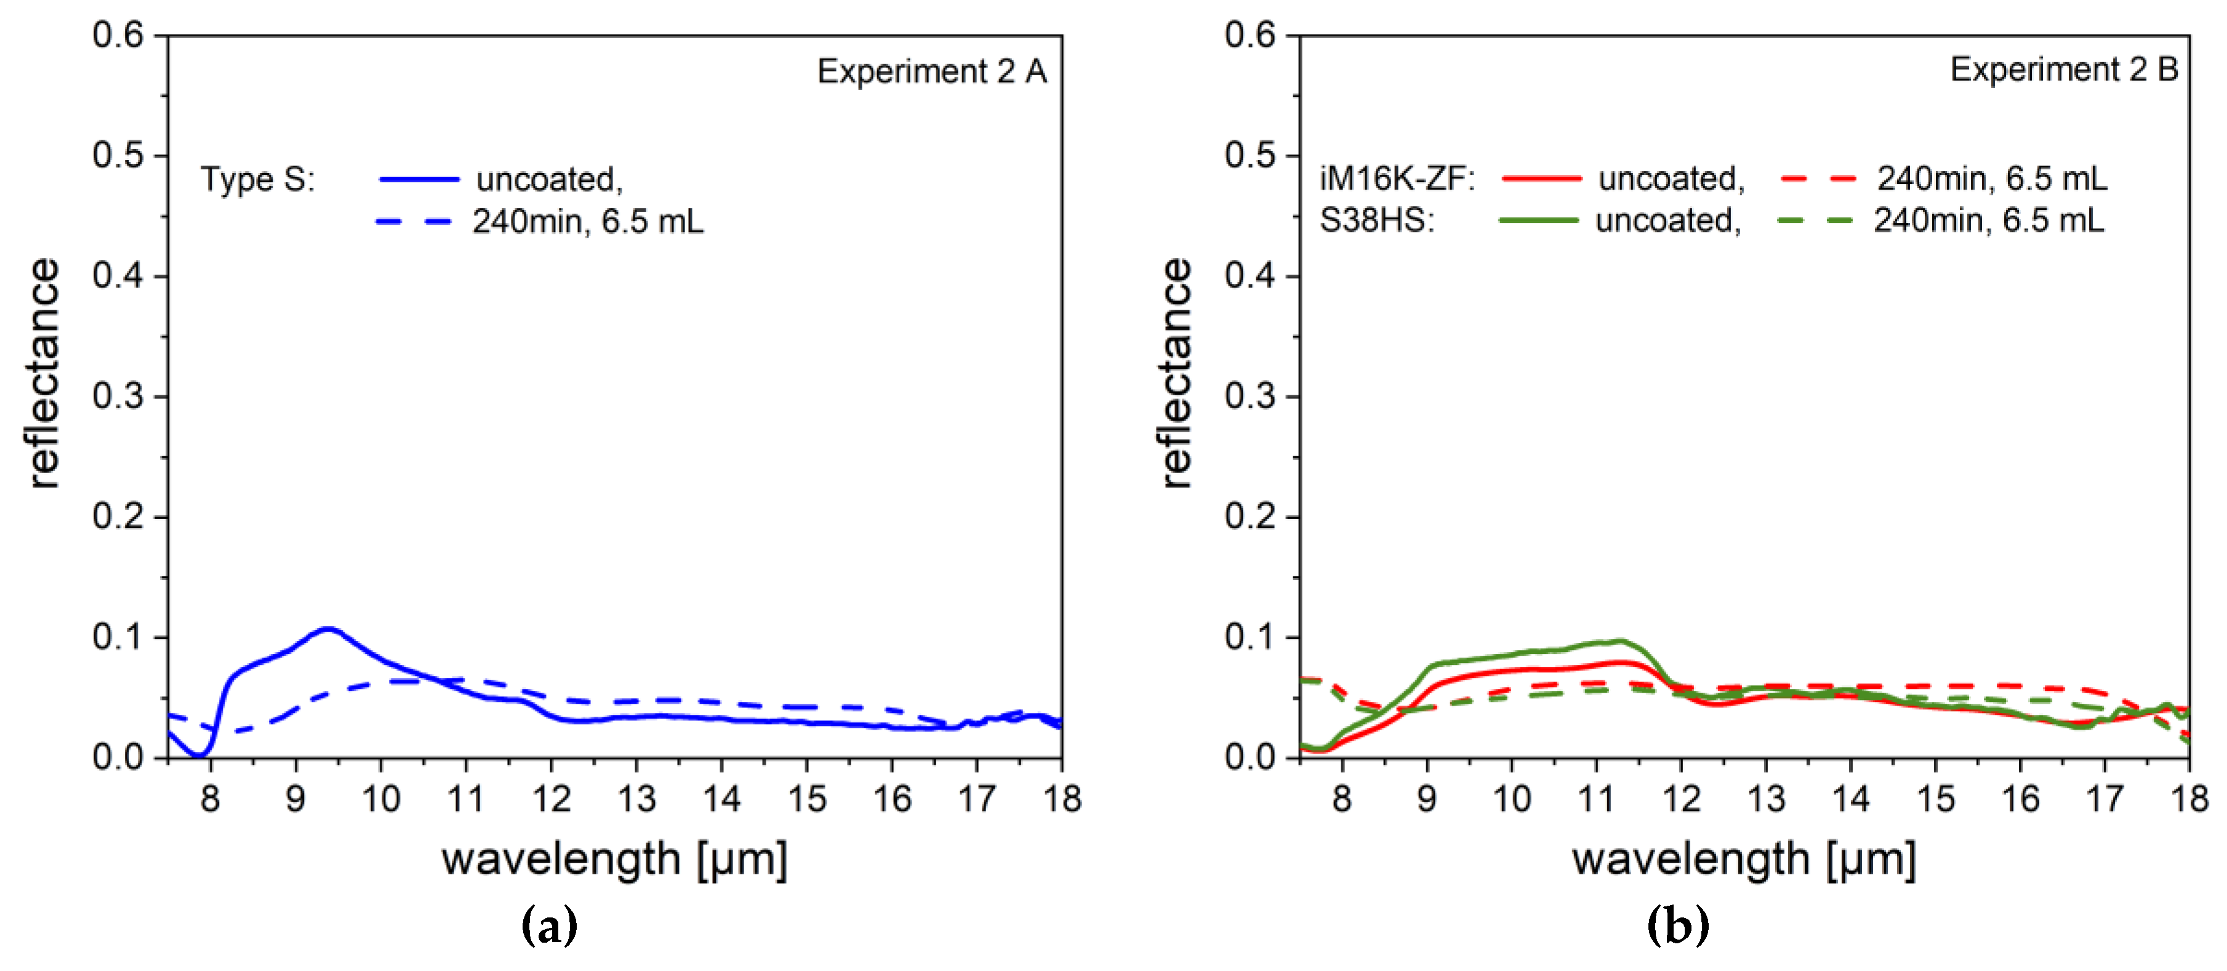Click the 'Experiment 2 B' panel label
(x=2063, y=69)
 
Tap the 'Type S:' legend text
(x=258, y=180)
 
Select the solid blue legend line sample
(x=419, y=180)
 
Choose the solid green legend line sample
(x=1538, y=220)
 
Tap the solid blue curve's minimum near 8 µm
(x=199, y=755)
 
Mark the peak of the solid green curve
(x=1619, y=641)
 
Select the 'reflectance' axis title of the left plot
(x=43, y=374)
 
